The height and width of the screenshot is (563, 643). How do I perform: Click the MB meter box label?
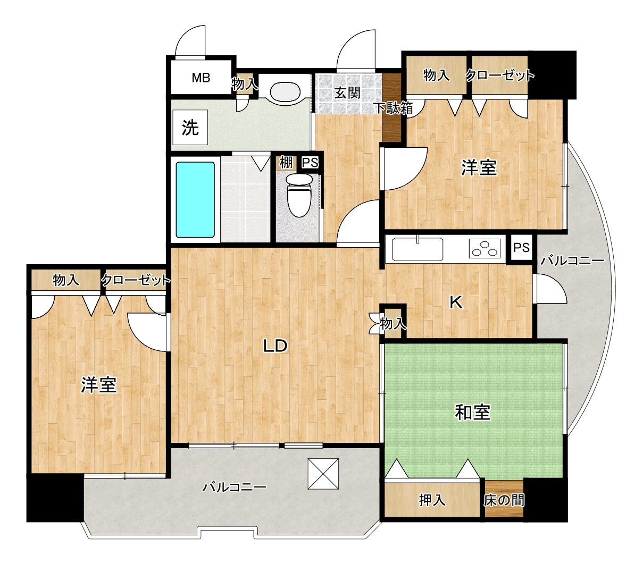pos(201,78)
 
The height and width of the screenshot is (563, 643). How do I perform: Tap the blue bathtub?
pos(195,199)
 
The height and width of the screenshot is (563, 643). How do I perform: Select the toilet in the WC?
pos(299,195)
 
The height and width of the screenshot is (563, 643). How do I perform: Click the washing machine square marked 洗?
pos(190,127)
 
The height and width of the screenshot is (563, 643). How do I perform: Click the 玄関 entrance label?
pos(347,93)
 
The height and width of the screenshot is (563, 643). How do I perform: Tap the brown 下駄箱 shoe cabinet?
pos(392,108)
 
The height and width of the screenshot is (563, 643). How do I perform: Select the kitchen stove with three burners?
pos(485,248)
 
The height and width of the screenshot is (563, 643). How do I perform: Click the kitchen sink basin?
pos(417,249)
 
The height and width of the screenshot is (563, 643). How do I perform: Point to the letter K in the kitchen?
pos(456,302)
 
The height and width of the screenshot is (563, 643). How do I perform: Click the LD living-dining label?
pos(275,346)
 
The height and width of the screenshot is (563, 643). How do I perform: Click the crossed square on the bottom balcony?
pos(323,474)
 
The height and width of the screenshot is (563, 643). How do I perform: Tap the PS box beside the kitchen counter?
pos(521,248)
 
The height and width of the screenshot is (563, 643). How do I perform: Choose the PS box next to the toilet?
pos(310,163)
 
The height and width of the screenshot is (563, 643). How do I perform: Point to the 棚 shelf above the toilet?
pos(286,163)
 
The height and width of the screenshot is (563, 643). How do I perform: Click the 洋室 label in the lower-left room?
pos(99,385)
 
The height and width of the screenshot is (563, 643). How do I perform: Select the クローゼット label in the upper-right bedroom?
pos(500,75)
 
